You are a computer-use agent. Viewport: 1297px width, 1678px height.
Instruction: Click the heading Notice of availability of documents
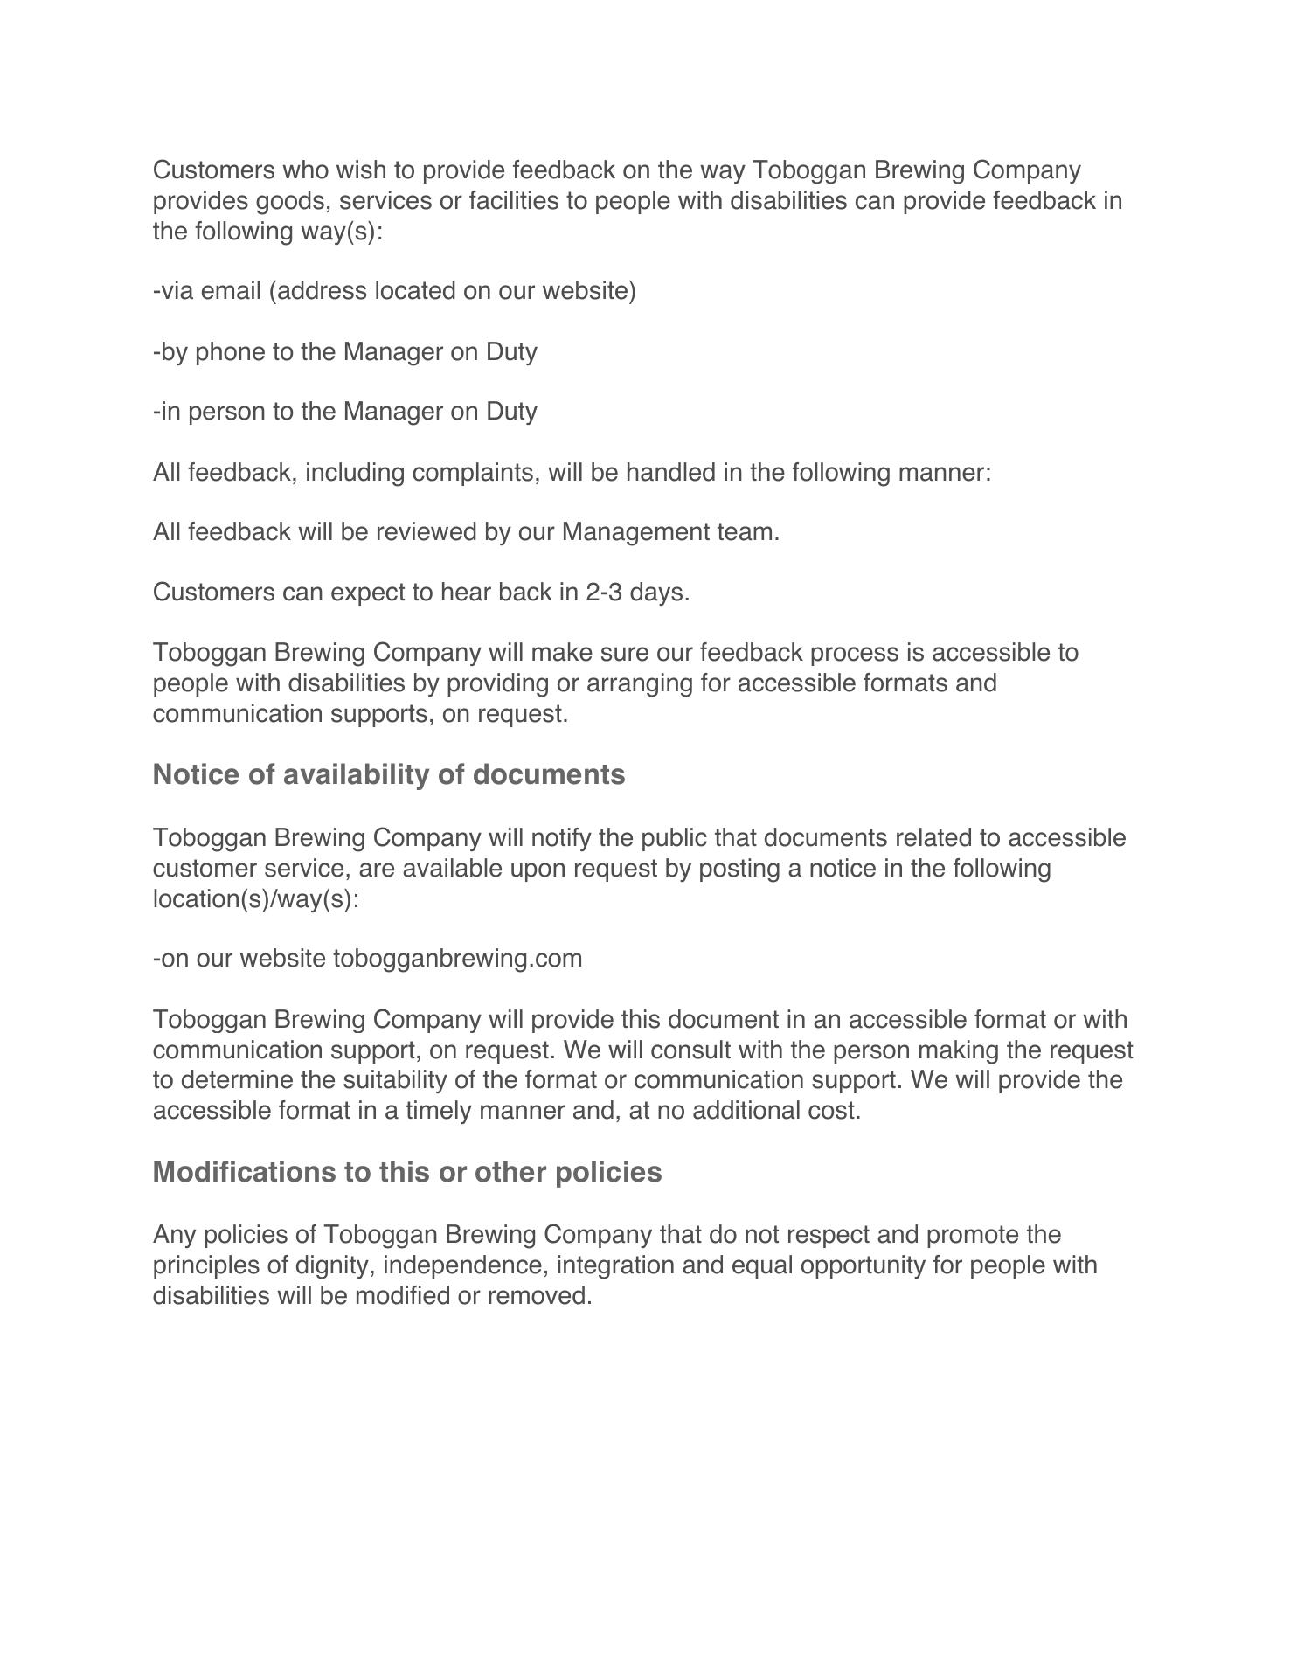click(389, 775)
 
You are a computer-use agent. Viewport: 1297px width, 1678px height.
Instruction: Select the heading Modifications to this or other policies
click(407, 1173)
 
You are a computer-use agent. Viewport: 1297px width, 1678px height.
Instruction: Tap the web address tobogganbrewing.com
click(458, 959)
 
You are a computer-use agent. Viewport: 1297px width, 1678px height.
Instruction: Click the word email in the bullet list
click(232, 291)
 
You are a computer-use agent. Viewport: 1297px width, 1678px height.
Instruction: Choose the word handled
click(670, 473)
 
